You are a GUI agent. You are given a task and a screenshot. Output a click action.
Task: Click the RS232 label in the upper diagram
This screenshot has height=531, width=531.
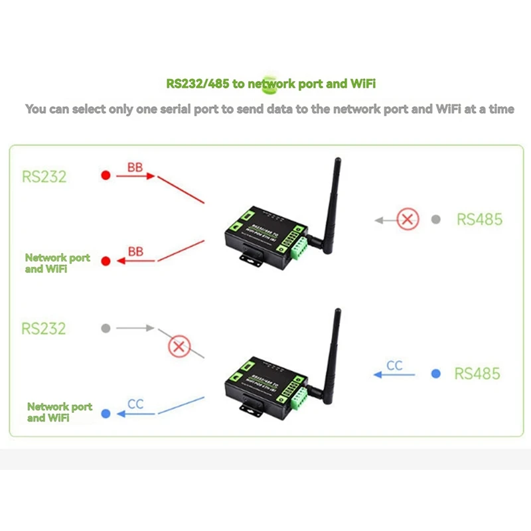coord(44,177)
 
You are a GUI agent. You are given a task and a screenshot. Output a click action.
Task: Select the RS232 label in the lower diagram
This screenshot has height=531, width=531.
coord(44,328)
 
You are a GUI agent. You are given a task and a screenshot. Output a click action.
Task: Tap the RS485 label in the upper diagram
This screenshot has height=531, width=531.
coord(479,219)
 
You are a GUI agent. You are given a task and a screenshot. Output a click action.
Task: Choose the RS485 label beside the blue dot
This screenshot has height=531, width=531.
coord(477,374)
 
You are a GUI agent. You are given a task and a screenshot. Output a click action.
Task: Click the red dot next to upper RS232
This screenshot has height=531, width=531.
coord(105,176)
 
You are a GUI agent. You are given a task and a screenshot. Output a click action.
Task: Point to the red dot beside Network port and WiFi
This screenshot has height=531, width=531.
coord(105,261)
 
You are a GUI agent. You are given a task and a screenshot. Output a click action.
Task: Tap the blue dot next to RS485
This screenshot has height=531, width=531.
coord(435,374)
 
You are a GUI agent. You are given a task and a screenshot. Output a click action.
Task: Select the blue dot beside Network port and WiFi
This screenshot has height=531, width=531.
coord(105,414)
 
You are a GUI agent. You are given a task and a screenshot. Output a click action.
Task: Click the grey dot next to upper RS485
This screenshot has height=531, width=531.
coord(435,219)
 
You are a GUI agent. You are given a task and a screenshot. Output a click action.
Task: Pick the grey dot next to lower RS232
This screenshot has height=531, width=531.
coord(105,328)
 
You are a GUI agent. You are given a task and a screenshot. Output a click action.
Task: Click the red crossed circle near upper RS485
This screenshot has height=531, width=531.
coord(408,219)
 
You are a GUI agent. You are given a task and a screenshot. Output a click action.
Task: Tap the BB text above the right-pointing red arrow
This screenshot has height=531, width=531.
coord(135,167)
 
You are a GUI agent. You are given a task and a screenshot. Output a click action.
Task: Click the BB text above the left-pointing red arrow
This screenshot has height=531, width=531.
coord(135,252)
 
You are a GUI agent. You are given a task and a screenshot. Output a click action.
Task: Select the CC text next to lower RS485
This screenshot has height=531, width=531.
coord(394,366)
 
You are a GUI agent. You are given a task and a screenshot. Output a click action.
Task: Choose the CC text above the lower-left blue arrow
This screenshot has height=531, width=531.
coord(135,404)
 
